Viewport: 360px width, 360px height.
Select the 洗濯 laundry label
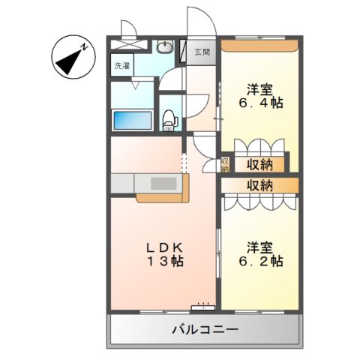[121, 66]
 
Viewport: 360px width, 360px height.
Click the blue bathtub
[132, 119]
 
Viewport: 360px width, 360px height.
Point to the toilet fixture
[169, 118]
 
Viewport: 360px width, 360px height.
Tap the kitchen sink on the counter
[160, 183]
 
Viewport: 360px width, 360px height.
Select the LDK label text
[160, 247]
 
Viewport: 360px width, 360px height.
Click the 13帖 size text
[160, 262]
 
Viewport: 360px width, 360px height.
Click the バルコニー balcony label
[205, 329]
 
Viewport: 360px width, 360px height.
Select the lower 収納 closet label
[256, 184]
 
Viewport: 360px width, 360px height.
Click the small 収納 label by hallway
[224, 164]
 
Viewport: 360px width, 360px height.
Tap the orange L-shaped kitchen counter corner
[161, 197]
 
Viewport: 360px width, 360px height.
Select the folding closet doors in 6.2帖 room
[258, 200]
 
